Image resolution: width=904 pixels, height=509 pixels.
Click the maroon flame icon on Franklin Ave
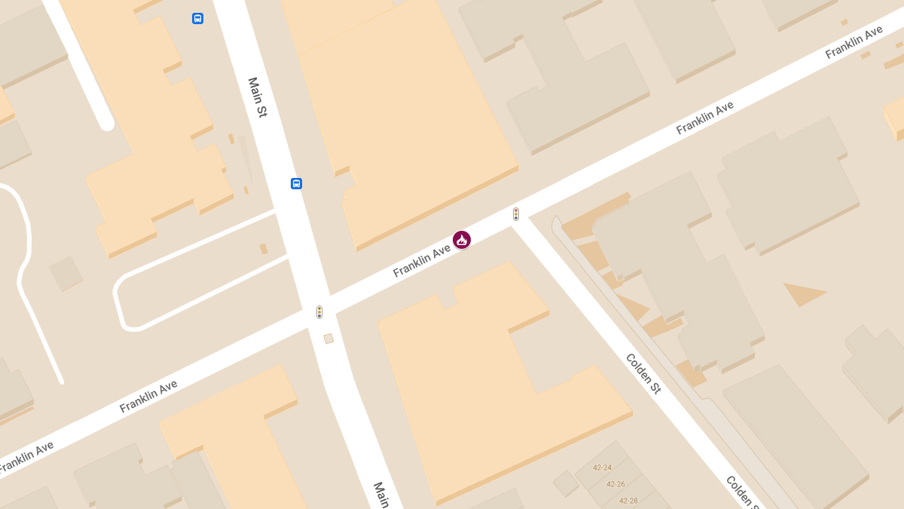tap(462, 240)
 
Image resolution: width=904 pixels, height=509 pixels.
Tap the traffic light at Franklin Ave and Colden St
tap(516, 214)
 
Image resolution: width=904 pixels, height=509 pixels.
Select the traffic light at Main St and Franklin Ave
tap(319, 311)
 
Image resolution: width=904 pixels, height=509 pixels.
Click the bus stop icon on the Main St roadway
tap(296, 183)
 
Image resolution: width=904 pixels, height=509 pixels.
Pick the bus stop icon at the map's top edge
tap(197, 18)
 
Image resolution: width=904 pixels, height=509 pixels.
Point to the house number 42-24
tap(602, 468)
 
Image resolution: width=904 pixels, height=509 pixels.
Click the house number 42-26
tap(615, 484)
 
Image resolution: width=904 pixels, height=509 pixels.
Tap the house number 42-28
tap(628, 501)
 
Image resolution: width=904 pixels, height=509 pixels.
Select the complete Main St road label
tap(258, 97)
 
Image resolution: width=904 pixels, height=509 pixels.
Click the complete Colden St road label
tap(643, 373)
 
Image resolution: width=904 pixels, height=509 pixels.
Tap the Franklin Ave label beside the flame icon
tap(421, 260)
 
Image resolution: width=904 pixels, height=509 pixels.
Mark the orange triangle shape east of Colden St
tap(802, 293)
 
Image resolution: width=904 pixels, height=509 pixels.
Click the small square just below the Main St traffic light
tap(328, 339)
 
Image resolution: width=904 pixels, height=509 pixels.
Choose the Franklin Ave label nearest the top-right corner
tap(854, 43)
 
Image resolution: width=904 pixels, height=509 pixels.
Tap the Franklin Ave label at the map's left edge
tap(26, 458)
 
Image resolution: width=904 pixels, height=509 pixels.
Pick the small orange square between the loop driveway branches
tap(264, 249)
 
